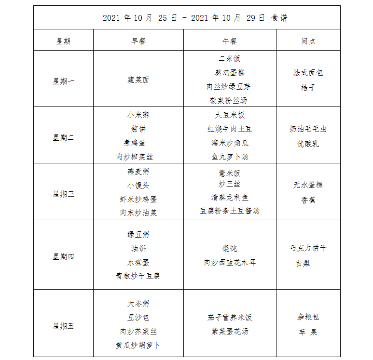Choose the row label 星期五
click(x=64, y=326)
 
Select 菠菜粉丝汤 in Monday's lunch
click(x=229, y=101)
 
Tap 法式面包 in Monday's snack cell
click(x=308, y=73)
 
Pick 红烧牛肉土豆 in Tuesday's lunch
click(x=230, y=129)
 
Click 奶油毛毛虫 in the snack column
click(x=308, y=129)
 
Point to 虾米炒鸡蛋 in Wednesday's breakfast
click(x=138, y=199)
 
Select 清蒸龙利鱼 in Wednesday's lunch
click(x=230, y=198)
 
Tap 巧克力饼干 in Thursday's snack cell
click(x=308, y=248)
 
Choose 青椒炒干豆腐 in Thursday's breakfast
click(x=138, y=276)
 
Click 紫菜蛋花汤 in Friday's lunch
click(x=230, y=332)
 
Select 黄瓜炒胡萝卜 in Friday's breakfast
click(x=138, y=346)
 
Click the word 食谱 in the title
click(x=279, y=18)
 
